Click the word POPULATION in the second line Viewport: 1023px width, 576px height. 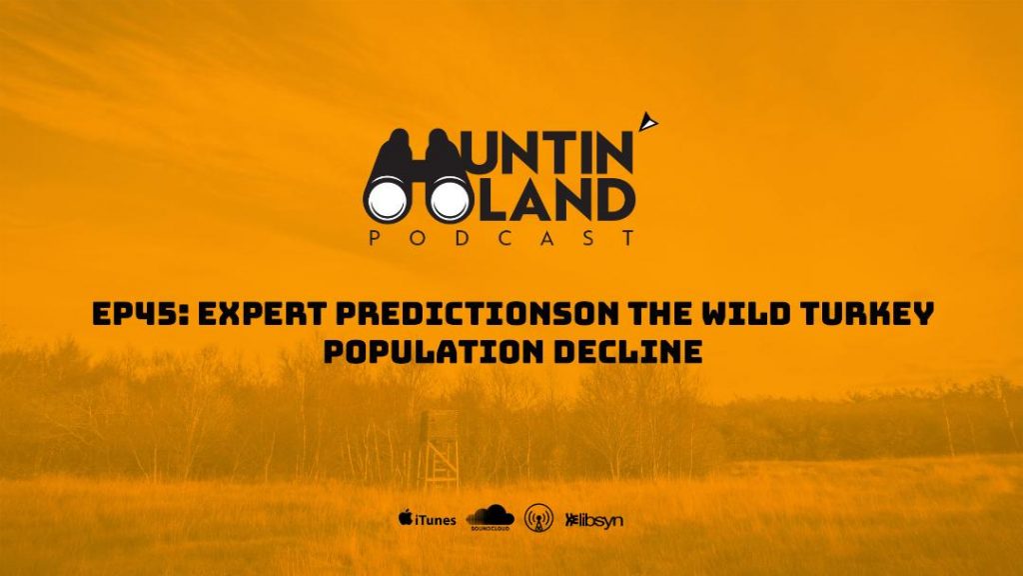[x=434, y=352]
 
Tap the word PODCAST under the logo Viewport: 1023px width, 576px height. [x=502, y=237]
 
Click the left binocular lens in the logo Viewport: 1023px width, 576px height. [x=389, y=198]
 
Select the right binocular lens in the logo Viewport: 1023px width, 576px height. [x=451, y=198]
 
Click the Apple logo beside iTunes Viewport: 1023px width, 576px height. [x=406, y=518]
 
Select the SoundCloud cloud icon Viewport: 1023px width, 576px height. [x=490, y=517]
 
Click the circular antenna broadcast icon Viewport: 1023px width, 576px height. [x=538, y=518]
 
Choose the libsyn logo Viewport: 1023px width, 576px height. [x=593, y=520]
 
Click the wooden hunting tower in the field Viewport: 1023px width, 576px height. [x=440, y=449]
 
